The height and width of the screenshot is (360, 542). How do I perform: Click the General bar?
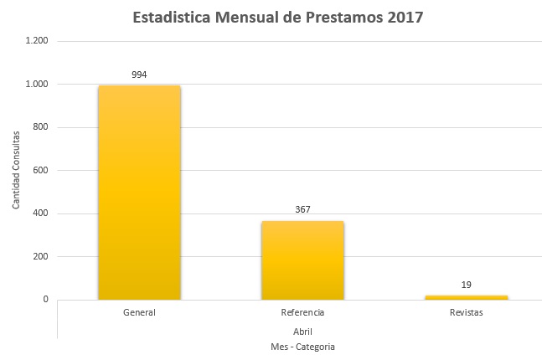pyautogui.click(x=139, y=192)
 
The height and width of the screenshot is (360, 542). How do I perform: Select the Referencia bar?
pyautogui.click(x=302, y=260)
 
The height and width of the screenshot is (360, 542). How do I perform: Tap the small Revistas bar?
pyautogui.click(x=466, y=296)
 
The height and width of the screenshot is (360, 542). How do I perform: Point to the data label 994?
pyautogui.click(x=139, y=75)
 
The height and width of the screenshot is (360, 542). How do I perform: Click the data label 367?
pyautogui.click(x=302, y=209)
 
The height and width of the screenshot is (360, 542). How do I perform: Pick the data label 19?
pyautogui.click(x=466, y=285)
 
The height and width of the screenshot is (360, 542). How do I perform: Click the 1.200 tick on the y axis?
pyautogui.click(x=36, y=41)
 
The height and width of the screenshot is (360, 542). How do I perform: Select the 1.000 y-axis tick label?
pyautogui.click(x=36, y=85)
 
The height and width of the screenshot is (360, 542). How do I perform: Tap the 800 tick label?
pyautogui.click(x=40, y=127)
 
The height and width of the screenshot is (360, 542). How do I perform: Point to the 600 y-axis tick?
pyautogui.click(x=40, y=171)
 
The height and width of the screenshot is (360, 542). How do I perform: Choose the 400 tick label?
pyautogui.click(x=40, y=213)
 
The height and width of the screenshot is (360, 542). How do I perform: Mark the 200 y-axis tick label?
pyautogui.click(x=40, y=257)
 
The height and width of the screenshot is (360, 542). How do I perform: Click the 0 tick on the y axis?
pyautogui.click(x=45, y=300)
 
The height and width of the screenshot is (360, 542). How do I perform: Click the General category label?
pyautogui.click(x=139, y=313)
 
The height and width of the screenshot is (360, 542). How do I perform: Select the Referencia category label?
pyautogui.click(x=302, y=313)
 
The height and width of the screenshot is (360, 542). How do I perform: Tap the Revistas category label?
pyautogui.click(x=466, y=313)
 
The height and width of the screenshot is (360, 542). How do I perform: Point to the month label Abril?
pyautogui.click(x=302, y=331)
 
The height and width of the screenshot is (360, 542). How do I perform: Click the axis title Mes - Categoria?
pyautogui.click(x=302, y=346)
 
